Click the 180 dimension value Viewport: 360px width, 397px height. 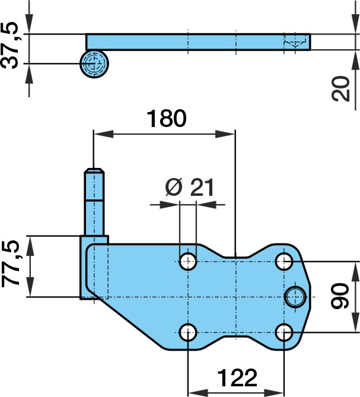pyautogui.click(x=167, y=119)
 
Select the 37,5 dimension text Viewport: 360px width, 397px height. pyautogui.click(x=9, y=46)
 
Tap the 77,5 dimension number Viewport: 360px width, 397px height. pyautogui.click(x=11, y=264)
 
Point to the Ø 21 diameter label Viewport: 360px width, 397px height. pyautogui.click(x=189, y=188)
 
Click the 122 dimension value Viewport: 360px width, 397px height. pyautogui.click(x=237, y=378)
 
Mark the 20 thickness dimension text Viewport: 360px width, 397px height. pyautogui.click(x=340, y=88)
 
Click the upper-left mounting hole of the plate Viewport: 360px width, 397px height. pyautogui.click(x=188, y=261)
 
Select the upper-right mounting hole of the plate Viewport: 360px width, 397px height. pyautogui.click(x=284, y=261)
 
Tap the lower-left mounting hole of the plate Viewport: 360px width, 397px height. pyautogui.click(x=188, y=332)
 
